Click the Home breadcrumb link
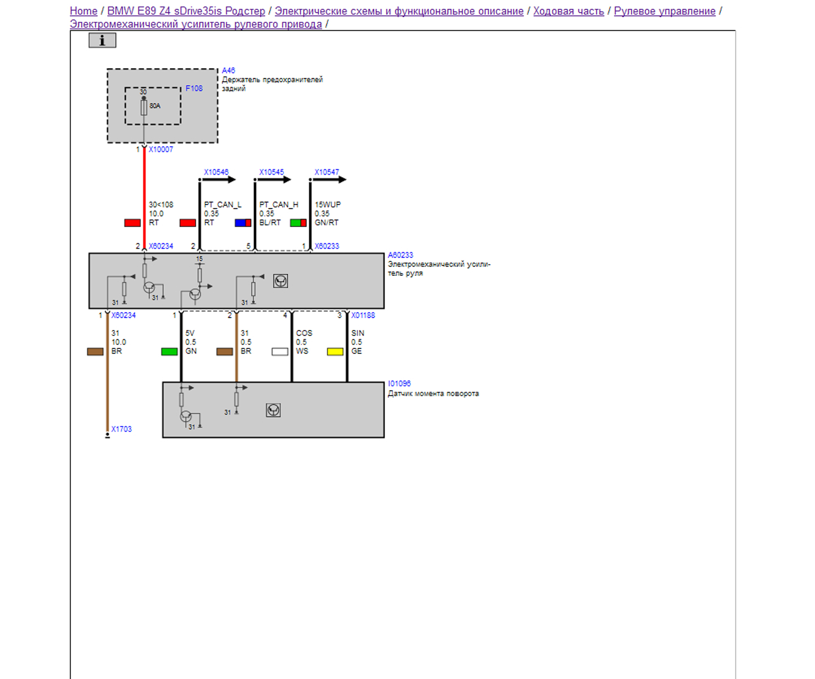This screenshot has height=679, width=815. point(83,11)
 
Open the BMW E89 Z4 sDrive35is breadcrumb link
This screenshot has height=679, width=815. point(186,11)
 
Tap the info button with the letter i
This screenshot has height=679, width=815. point(102,41)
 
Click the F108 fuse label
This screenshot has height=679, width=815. point(194,89)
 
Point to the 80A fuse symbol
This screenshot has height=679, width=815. point(144,108)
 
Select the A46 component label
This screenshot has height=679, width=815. point(228,70)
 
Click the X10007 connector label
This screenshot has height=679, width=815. point(160,150)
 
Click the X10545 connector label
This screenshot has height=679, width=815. point(271,172)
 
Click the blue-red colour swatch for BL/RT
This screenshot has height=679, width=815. point(243,223)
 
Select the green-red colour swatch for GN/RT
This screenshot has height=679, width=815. point(298,223)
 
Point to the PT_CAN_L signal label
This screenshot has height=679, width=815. point(222,205)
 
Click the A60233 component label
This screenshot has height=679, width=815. point(400,255)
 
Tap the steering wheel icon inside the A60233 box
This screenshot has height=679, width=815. point(280,281)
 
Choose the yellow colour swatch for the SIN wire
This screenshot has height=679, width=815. point(335,352)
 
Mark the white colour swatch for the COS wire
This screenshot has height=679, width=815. point(280,352)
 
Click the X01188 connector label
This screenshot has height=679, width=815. point(363,315)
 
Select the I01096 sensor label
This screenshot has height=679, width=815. point(399,384)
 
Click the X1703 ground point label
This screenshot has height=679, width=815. point(121,429)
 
